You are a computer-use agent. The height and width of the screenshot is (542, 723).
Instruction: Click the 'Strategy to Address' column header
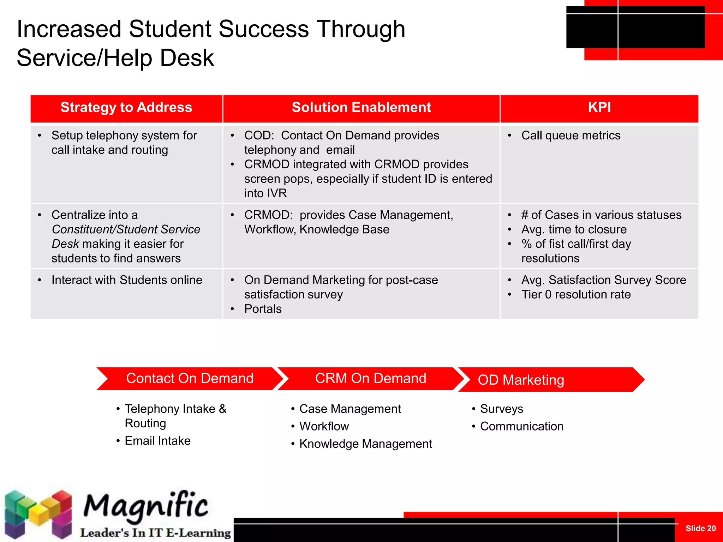[x=126, y=108]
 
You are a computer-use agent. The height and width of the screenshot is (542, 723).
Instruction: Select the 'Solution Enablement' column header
[x=361, y=108]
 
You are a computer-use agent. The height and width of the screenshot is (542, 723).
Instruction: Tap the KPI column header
[x=599, y=108]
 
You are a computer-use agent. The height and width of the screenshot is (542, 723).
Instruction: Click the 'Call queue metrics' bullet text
[x=570, y=135]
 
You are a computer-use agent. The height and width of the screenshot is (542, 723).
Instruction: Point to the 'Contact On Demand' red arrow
[x=190, y=379]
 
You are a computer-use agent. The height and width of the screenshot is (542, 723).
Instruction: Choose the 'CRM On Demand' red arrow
[x=370, y=379]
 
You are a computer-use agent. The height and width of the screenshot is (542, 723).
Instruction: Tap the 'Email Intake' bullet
[x=157, y=441]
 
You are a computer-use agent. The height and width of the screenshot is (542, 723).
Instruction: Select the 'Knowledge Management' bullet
[x=365, y=444]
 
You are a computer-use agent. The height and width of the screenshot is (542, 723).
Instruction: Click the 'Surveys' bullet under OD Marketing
[x=501, y=409]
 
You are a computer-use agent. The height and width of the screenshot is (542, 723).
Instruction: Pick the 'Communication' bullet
[x=521, y=426]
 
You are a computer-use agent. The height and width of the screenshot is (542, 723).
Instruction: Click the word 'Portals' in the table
[x=263, y=309]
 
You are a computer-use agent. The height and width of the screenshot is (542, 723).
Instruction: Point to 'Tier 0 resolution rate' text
[x=576, y=295]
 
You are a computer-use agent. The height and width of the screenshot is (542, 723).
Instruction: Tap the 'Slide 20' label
[x=700, y=528]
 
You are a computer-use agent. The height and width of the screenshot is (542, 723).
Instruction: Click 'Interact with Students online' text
[x=127, y=280]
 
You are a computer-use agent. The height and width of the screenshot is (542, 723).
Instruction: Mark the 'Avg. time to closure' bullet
[x=574, y=230]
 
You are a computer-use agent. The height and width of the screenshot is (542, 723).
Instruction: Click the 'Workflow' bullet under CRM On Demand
[x=324, y=426]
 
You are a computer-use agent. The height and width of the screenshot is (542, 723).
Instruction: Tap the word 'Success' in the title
[x=264, y=29]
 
